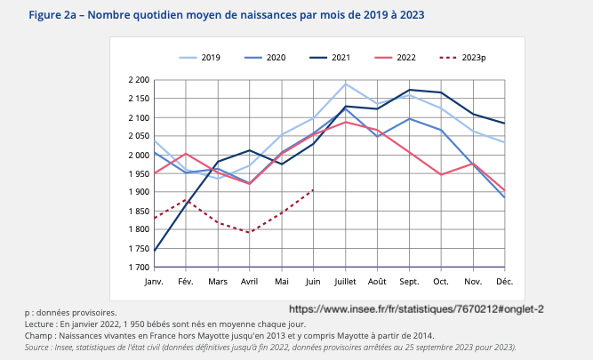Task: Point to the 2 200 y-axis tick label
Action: coord(138,80)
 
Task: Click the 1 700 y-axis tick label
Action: coord(138,268)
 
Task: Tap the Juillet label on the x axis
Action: coord(345,281)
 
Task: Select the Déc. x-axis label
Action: coord(504,281)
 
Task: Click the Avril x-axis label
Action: coord(250,281)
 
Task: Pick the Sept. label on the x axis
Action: coord(408,281)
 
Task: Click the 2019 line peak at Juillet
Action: coord(345,84)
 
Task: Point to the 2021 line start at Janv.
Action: coord(155,251)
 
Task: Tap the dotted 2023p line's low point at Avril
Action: coord(250,233)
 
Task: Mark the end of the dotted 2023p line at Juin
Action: coord(313,189)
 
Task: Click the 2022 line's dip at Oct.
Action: coord(440,174)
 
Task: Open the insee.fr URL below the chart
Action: coord(416,308)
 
